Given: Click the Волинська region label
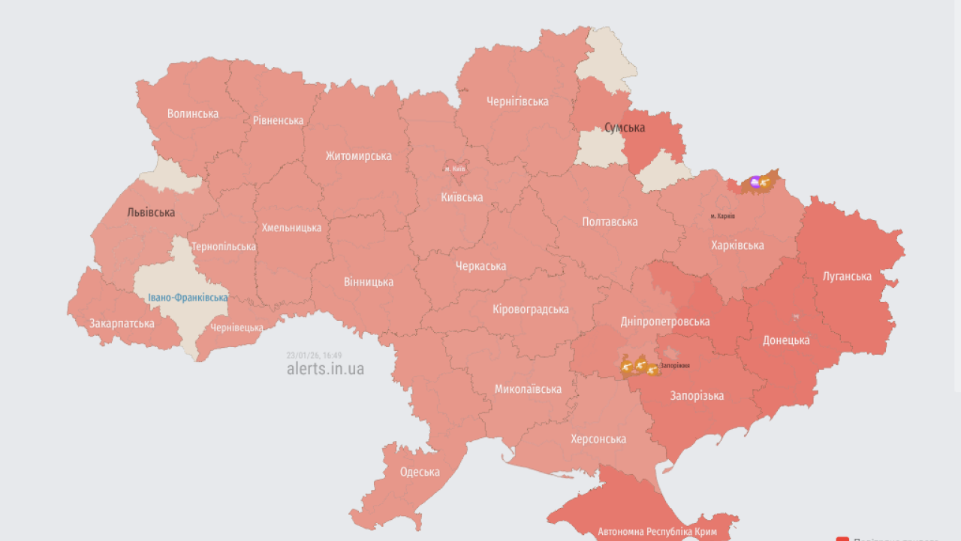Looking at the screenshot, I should coord(193,113).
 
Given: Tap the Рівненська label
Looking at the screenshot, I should coord(278,120).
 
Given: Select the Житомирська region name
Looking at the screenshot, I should coord(358,156).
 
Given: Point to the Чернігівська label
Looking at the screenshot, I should coord(517,101).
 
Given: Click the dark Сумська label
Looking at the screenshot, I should coord(625,128).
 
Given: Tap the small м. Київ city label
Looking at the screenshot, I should coord(455,169).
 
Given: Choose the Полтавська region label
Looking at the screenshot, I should coord(610,222).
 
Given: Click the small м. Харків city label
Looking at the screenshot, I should coord(723,216).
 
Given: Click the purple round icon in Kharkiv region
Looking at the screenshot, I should coord(755,181).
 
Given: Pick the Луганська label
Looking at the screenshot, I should coord(847,276).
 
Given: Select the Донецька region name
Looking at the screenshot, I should coord(786,340).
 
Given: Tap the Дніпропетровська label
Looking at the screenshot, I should coord(664,322).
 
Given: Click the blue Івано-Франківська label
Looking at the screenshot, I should coord(188,298).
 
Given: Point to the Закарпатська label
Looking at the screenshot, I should coord(122,323).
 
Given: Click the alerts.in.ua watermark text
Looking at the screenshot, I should coord(325,369).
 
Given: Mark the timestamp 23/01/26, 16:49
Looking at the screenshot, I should coord(314,355).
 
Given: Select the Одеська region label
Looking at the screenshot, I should coord(420,472).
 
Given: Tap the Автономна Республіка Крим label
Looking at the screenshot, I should coord(657,532).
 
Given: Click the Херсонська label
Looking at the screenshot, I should coord(598,439).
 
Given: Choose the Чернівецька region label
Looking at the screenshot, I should coord(236,328).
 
